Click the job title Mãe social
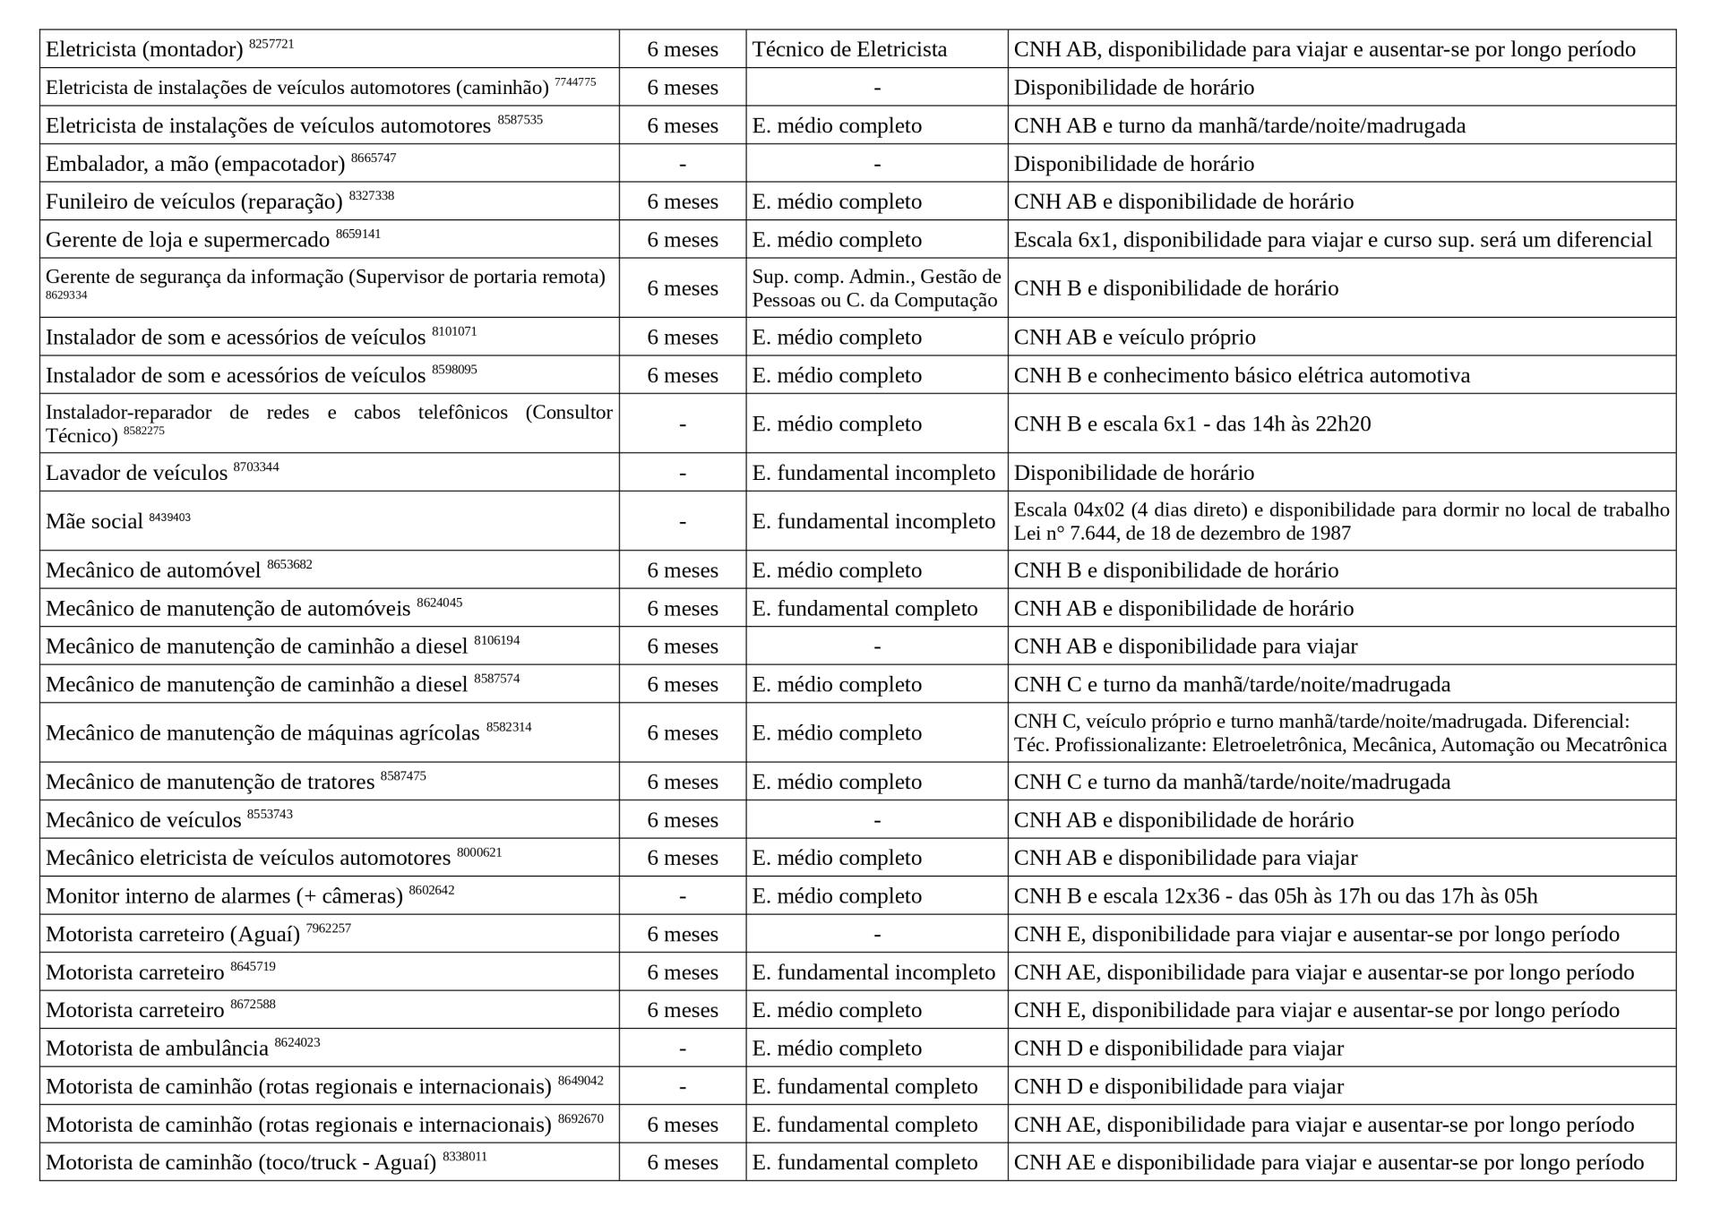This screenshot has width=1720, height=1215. point(94,522)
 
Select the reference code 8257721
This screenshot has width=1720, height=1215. point(271,44)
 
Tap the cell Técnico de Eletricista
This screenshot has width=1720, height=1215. point(849,49)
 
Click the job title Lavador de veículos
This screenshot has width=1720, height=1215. point(136,473)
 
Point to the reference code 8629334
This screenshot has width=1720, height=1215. point(66,295)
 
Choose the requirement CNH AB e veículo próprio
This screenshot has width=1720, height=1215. point(1134,338)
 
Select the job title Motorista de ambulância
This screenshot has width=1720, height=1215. point(157,1048)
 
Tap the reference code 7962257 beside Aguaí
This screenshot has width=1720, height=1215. point(328,928)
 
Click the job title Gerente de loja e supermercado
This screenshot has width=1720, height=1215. point(187,240)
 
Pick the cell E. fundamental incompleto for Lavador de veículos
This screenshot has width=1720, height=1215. point(873,473)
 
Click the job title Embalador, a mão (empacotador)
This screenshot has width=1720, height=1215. point(194,164)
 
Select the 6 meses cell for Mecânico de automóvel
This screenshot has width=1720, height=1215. point(683,570)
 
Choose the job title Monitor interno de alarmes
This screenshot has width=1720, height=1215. point(223,896)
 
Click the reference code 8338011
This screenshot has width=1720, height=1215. point(464,1157)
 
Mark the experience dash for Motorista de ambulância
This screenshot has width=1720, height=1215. point(683,1048)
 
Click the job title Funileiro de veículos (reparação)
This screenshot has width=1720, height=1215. point(193,202)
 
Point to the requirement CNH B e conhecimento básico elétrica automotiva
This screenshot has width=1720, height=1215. point(1242,375)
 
